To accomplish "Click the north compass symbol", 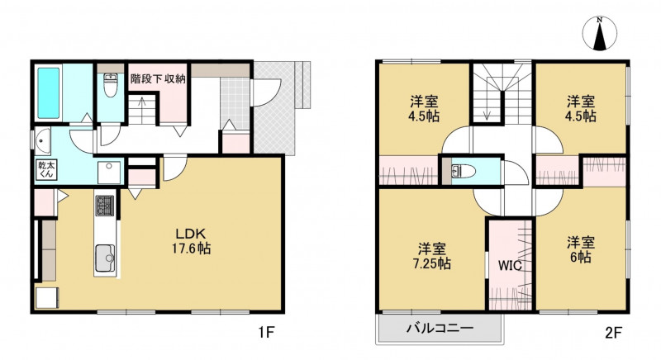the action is tap(600, 34).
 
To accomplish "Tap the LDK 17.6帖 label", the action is tap(191, 241).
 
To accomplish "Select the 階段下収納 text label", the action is tap(158, 78).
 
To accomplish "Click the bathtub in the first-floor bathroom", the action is tap(49, 93).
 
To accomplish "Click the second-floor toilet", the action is tap(464, 172).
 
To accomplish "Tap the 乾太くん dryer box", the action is tap(46, 169).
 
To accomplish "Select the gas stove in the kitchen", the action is tap(105, 206).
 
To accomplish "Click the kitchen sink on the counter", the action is tap(105, 258).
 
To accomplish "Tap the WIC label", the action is tap(510, 265).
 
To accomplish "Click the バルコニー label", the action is tap(440, 328).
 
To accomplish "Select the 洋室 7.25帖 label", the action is tap(431, 256).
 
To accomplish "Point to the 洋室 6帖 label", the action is tap(581, 249).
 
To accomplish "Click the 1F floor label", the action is tap(266, 333).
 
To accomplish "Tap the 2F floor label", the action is tap(613, 333).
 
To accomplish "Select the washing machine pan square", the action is tap(109, 173).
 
